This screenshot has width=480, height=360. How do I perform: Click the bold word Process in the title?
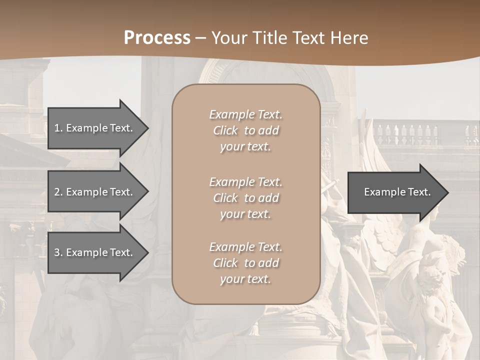coord(157,38)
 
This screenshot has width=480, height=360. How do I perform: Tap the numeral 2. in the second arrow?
coord(58,192)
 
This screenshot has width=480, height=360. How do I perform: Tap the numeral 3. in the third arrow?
coord(58,252)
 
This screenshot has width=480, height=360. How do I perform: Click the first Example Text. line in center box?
coord(245,114)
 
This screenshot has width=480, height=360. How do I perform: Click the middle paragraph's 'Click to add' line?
coord(245,198)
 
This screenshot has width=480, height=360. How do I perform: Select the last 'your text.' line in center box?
coord(245,279)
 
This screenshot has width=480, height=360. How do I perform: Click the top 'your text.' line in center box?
coord(245,147)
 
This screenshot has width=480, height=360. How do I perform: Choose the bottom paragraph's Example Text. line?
coord(245,247)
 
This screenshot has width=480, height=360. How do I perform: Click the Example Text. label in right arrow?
coord(397,192)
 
